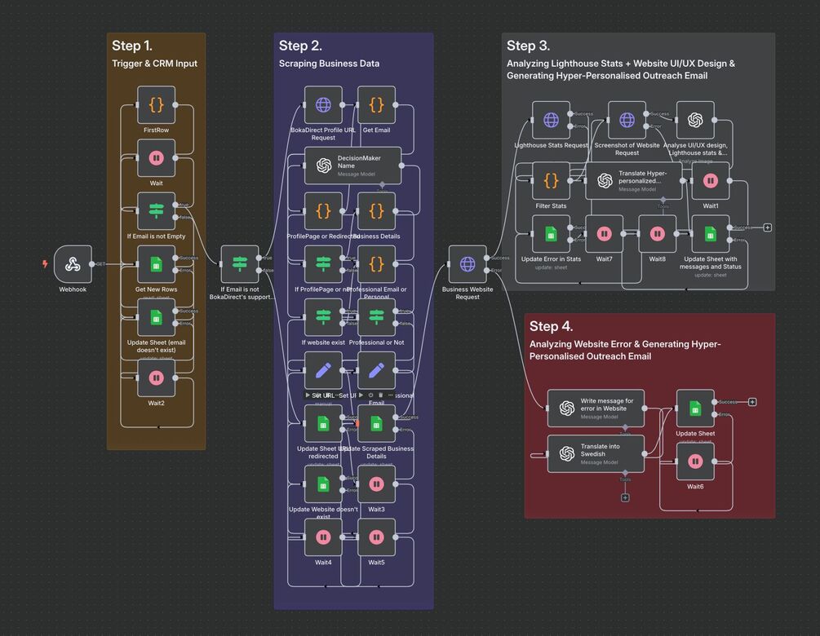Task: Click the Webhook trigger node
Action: (73, 264)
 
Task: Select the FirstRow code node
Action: (156, 105)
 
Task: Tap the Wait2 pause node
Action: (156, 378)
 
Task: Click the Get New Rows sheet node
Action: (156, 264)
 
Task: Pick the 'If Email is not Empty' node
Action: (156, 211)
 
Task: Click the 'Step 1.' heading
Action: (132, 46)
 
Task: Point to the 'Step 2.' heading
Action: (300, 46)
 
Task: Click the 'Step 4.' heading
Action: (551, 326)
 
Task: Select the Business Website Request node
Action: (468, 264)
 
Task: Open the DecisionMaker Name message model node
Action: (353, 166)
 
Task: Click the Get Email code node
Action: (376, 105)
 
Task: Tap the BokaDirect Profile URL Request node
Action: (323, 105)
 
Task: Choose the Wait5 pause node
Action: (376, 537)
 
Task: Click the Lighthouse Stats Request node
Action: (551, 120)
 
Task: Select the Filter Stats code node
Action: (551, 181)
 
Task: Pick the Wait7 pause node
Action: (604, 234)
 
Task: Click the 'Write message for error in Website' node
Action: (596, 408)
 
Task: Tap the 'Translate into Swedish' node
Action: (596, 453)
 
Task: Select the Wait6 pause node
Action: (695, 462)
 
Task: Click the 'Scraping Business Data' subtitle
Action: (329, 64)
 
